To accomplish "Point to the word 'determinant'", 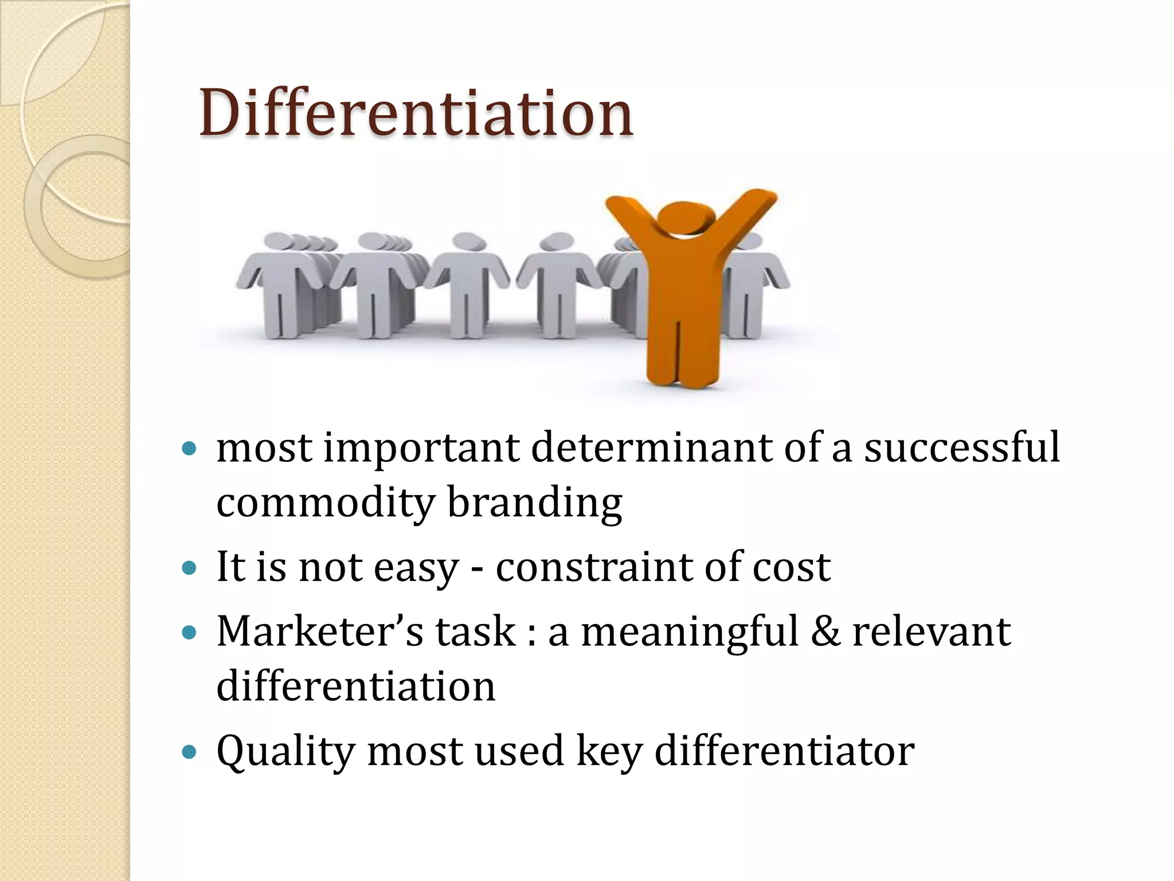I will tap(651, 447).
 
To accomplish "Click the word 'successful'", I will tap(962, 447).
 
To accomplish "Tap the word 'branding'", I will tap(534, 502).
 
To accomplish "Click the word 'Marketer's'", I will tap(320, 631).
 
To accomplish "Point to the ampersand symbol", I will tap(825, 631).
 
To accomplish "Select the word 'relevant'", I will tap(932, 631).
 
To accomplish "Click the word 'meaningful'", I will tap(690, 631).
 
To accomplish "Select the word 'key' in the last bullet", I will tap(609, 751).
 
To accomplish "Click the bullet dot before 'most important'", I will tap(189, 448).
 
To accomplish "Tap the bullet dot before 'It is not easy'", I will tap(189, 568).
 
